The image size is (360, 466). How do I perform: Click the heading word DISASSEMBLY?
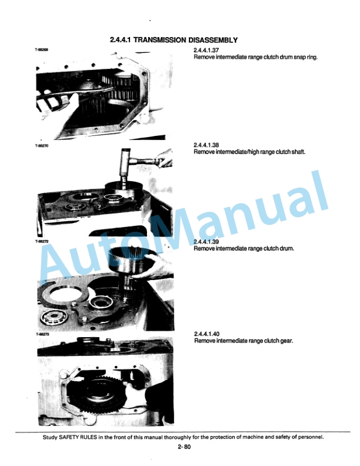pyautogui.click(x=213, y=40)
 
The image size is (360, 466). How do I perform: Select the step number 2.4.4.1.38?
pyautogui.click(x=206, y=145)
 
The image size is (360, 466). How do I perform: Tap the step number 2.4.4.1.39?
pyautogui.click(x=206, y=242)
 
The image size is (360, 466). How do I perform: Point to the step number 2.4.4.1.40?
pyautogui.click(x=206, y=334)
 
